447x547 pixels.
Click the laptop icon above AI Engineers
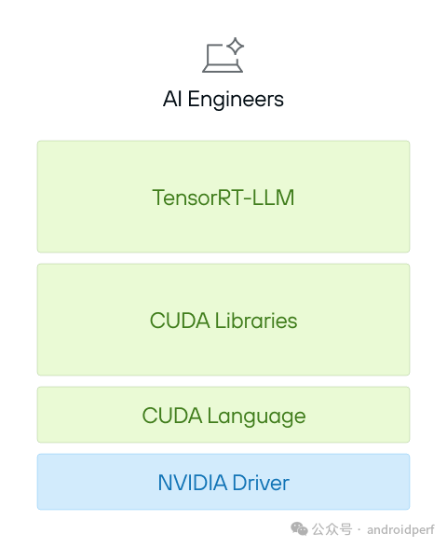pos(223,56)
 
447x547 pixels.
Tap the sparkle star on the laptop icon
pos(236,46)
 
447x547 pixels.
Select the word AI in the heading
pos(172,99)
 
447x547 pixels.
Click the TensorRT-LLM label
pos(223,198)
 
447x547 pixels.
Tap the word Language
pos(256,416)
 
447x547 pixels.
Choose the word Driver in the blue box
pos(261,483)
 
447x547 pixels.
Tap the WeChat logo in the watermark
pos(300,528)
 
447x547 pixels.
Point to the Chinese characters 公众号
pos(332,528)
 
